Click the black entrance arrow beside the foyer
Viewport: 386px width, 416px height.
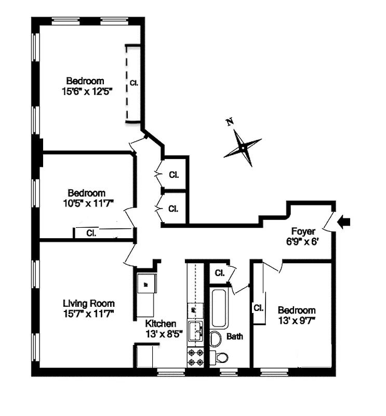[344, 222]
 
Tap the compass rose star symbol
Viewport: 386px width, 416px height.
[242, 148]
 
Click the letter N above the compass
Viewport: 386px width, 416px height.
[229, 122]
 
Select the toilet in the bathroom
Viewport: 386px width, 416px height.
[222, 357]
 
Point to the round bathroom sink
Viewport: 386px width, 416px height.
[216, 339]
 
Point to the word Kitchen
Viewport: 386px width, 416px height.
[161, 323]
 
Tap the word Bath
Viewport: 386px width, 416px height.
[234, 336]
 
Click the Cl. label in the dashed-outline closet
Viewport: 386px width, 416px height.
[134, 83]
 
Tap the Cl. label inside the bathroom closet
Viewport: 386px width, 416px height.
[219, 273]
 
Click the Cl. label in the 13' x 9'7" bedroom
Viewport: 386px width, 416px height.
[258, 307]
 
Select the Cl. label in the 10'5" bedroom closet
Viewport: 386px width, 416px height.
[91, 232]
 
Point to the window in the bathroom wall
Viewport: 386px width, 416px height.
[229, 372]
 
